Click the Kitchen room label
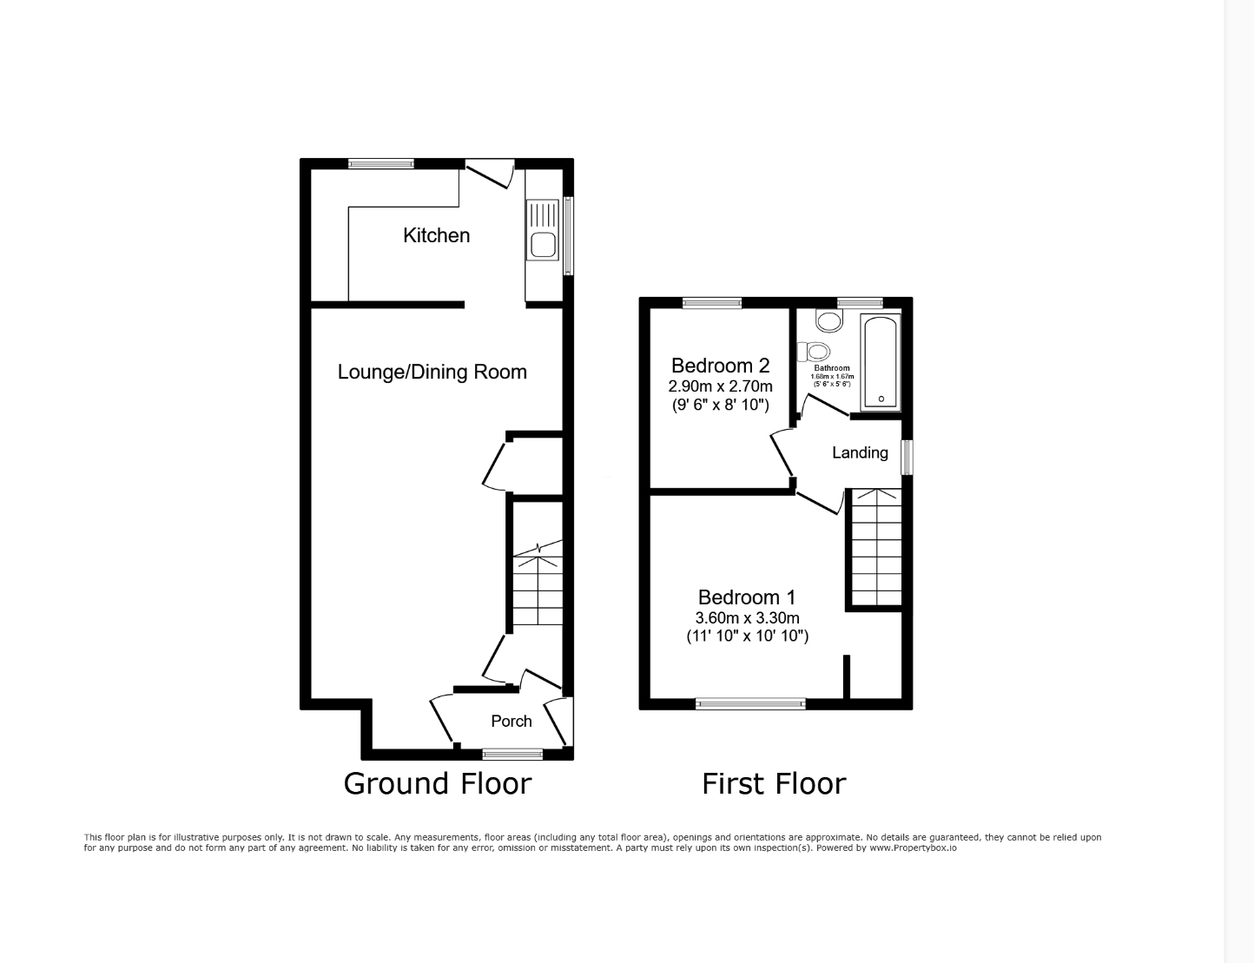point(436,235)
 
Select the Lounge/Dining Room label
point(432,372)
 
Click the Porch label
point(511,721)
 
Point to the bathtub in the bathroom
point(881,363)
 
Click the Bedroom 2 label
point(720,366)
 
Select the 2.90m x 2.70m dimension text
point(720,386)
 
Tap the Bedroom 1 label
point(747,597)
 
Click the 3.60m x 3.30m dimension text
point(747,618)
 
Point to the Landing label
point(860,452)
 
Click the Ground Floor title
point(437,783)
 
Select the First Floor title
point(774,783)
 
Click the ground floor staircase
point(537,586)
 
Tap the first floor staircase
point(875,547)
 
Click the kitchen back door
point(489,173)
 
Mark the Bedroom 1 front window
point(750,703)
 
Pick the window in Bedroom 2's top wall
point(712,303)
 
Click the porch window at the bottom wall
point(512,754)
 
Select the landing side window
point(907,457)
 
